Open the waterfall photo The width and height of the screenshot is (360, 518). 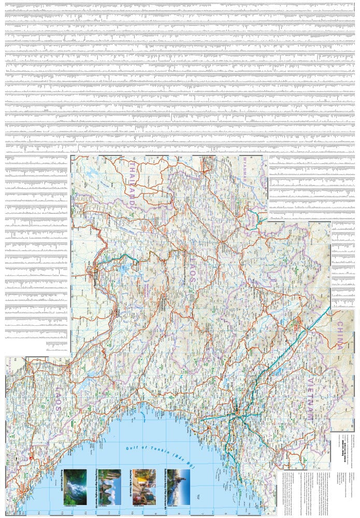tap(75, 487)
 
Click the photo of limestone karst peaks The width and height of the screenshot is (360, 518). tap(109, 487)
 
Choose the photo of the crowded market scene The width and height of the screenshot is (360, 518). tap(143, 487)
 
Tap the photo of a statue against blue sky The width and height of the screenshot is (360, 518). tap(178, 487)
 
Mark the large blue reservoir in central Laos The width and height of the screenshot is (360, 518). tap(124, 269)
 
